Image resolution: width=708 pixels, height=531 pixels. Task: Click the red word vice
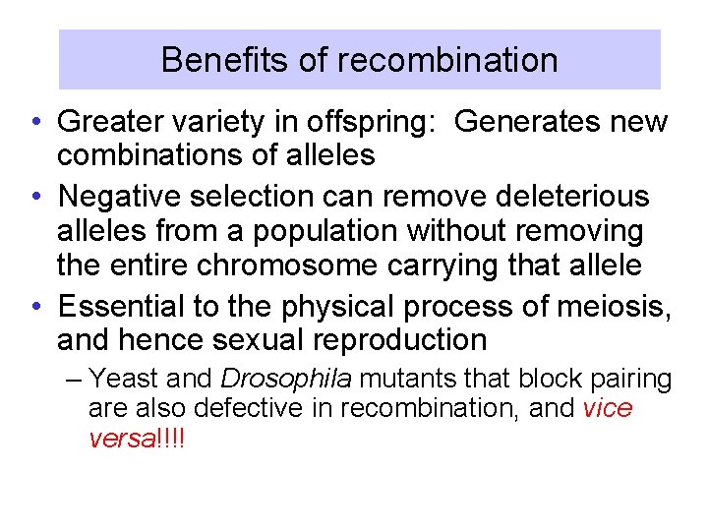coord(607,408)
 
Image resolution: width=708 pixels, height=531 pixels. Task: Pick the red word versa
coord(117,438)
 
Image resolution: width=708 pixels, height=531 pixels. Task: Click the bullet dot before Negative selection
coord(34,197)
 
